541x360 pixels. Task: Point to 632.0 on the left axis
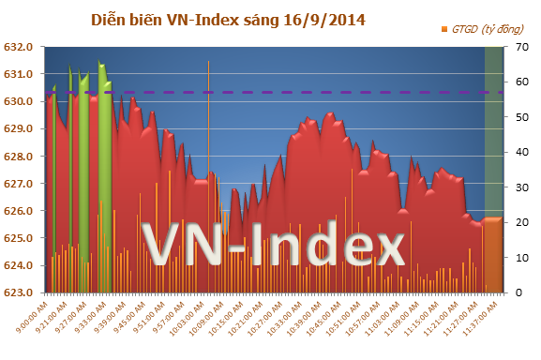(x=20, y=46)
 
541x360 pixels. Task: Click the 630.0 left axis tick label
(x=20, y=101)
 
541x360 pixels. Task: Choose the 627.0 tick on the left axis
(x=20, y=184)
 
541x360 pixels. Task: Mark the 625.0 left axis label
(x=20, y=238)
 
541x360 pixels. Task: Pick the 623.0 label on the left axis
(x=20, y=293)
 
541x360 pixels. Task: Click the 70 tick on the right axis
(x=518, y=46)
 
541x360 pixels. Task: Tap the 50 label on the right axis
(x=518, y=116)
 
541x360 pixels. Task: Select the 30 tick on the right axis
(x=518, y=187)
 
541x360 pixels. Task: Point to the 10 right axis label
(x=518, y=258)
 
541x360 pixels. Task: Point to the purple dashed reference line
(x=281, y=92)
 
